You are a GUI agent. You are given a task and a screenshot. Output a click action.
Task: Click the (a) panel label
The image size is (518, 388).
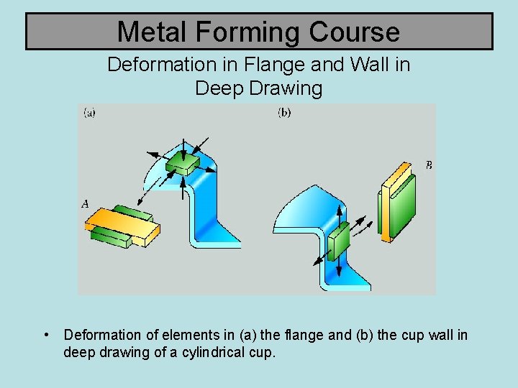(90, 113)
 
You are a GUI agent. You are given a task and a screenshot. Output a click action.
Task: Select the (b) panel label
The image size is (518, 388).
(284, 113)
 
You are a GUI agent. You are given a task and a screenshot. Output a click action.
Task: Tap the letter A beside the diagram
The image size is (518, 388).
(86, 205)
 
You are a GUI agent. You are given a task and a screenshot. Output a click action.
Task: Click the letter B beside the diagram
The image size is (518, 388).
(429, 165)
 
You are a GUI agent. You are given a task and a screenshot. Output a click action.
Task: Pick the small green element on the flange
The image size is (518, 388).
(183, 165)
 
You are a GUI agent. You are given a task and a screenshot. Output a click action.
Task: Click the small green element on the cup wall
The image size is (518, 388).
(338, 240)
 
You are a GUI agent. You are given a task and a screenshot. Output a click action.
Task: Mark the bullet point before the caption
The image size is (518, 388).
(46, 335)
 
